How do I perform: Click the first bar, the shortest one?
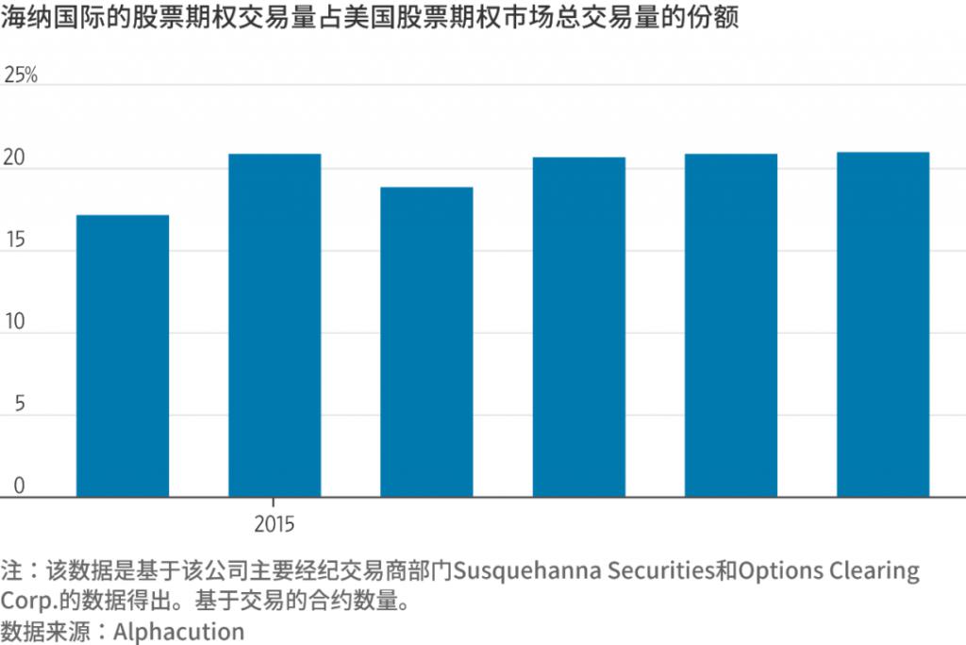[123, 356]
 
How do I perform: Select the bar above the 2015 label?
[275, 325]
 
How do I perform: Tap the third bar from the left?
[426, 341]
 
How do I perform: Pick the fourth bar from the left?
[579, 326]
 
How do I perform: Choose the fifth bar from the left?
[731, 325]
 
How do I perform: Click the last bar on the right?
[883, 324]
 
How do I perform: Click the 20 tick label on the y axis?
[15, 159]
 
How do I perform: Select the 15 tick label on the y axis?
[15, 241]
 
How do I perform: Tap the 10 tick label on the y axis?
[15, 323]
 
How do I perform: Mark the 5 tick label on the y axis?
[10, 405]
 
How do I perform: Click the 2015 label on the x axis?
[275, 524]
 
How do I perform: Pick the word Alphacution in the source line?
[178, 631]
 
